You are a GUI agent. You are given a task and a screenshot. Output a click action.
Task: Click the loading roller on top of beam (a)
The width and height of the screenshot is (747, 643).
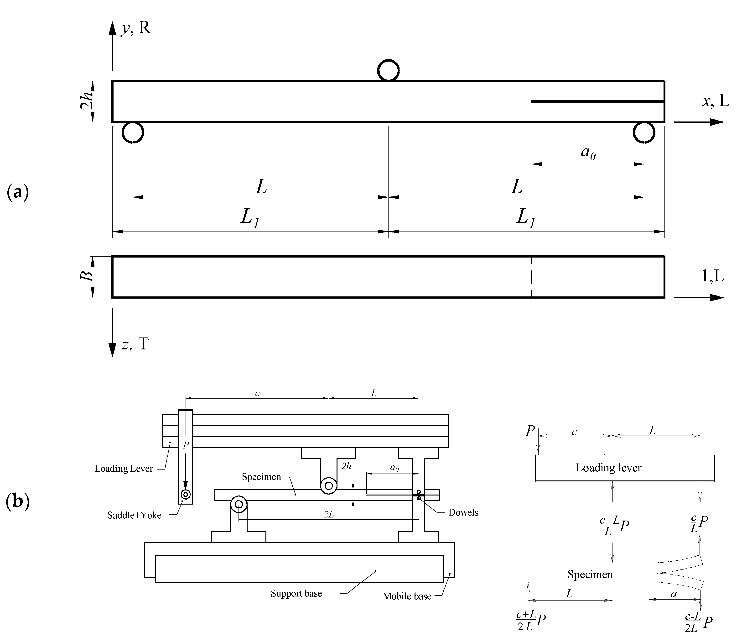coord(388,70)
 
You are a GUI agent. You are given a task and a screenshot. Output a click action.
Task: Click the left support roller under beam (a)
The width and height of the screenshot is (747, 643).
coord(133,132)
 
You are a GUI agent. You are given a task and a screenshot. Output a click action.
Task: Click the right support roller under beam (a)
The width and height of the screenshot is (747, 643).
coord(644,132)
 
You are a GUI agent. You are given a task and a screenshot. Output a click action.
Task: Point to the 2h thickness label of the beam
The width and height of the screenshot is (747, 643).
coord(87,101)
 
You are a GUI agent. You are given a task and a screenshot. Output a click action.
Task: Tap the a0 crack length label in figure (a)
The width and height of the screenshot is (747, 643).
coord(588,152)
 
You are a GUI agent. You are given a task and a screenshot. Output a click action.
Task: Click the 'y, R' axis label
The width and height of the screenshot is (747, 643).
coord(135,27)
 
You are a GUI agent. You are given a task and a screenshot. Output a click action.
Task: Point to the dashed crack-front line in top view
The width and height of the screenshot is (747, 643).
coord(531,277)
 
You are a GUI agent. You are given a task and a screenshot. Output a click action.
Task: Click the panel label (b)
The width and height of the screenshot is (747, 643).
coord(18,501)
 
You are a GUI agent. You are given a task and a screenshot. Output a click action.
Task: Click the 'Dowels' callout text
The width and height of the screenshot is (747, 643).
coord(463,512)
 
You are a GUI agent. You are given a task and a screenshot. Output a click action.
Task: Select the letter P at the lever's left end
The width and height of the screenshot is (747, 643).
coord(530,431)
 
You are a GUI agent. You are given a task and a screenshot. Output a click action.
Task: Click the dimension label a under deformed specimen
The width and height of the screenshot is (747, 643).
coord(674,594)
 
